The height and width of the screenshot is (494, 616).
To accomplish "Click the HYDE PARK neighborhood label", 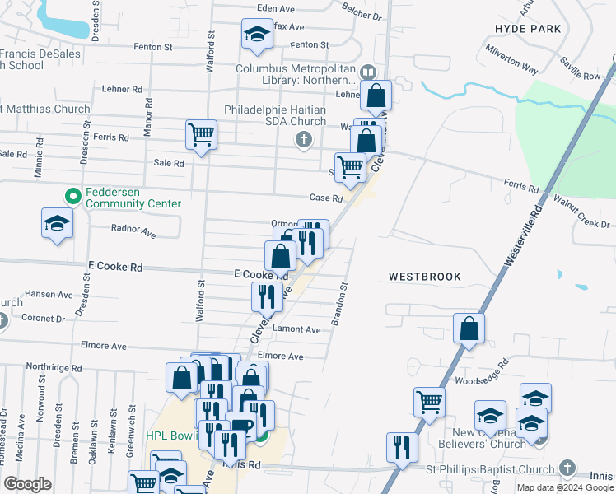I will (528, 29).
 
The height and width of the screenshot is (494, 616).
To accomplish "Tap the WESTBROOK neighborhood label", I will (425, 277).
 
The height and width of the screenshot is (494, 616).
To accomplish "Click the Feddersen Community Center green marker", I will (72, 197).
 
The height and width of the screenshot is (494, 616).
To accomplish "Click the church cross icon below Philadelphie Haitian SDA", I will (304, 139).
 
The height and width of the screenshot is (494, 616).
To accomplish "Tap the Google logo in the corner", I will (27, 484).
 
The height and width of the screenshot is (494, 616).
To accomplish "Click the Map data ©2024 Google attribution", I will (565, 487).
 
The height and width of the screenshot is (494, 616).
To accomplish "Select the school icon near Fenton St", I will (257, 35).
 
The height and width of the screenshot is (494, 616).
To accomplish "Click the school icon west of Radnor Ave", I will (57, 223).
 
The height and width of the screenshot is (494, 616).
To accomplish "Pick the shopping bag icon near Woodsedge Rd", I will (469, 329).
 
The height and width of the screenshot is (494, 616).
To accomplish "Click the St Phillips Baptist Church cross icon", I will (566, 468).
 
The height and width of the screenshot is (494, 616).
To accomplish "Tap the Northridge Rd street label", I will (54, 368).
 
